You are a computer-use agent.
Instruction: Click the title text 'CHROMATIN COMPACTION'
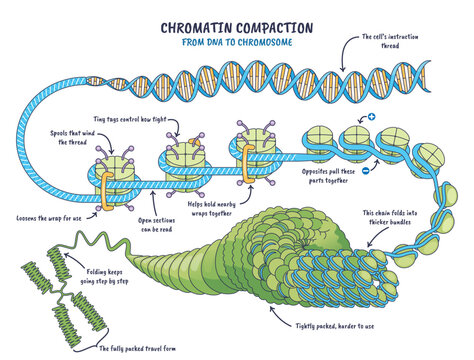pos(237,17)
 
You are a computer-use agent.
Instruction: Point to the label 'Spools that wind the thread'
pos(76,137)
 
